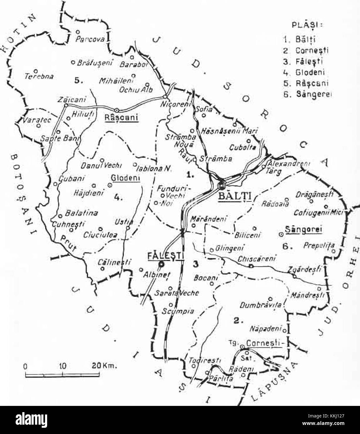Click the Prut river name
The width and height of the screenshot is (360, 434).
point(68,242)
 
